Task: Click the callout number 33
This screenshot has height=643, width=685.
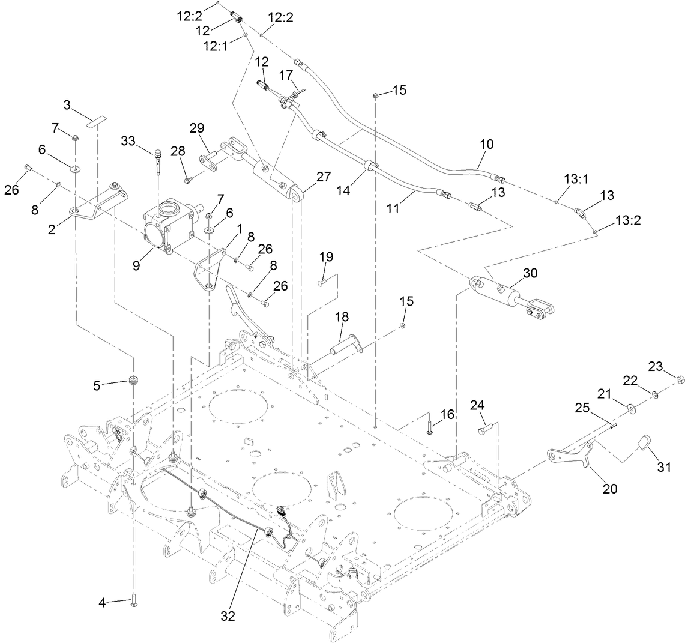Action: coord(128,141)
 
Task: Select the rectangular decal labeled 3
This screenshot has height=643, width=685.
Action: coord(94,122)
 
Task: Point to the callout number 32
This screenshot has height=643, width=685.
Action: coord(228,615)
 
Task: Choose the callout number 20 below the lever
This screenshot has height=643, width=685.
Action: coord(609,489)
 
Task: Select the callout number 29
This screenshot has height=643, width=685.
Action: coord(197,128)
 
